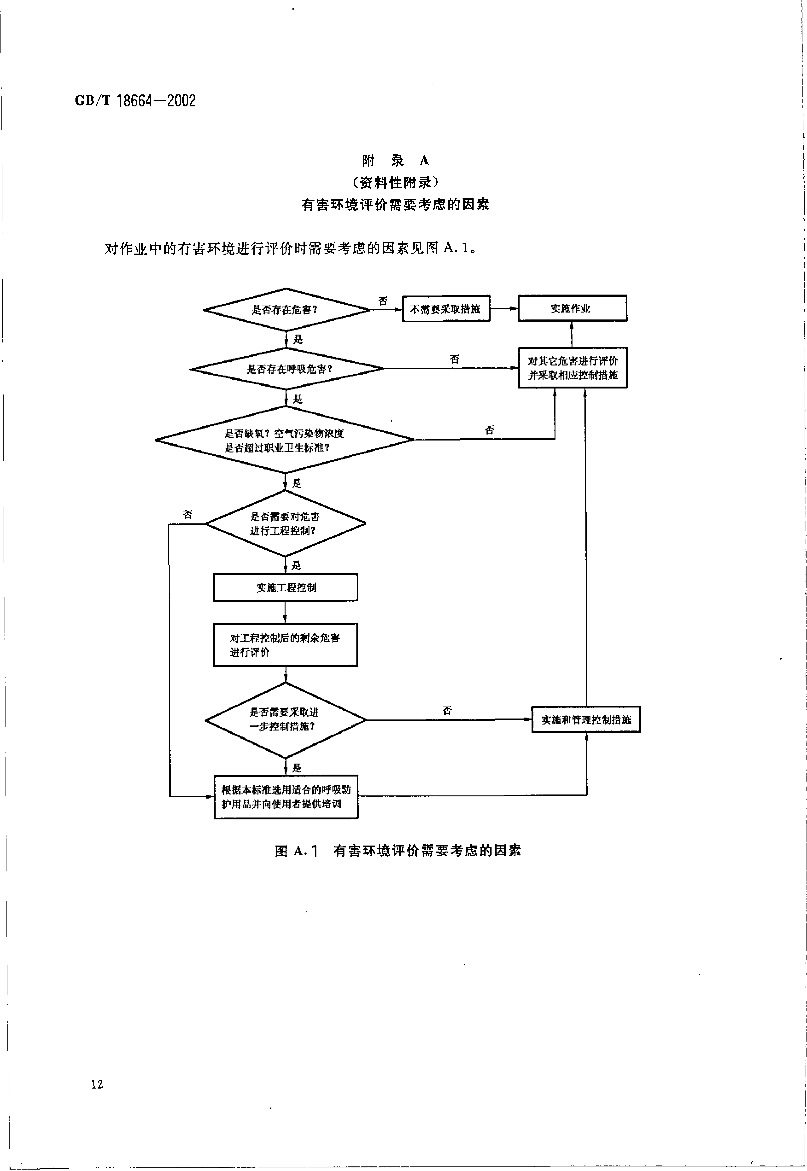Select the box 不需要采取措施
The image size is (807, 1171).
[446, 308]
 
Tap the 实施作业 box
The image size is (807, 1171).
[572, 308]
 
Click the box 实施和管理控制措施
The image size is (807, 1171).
[585, 719]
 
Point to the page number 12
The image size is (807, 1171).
[97, 1084]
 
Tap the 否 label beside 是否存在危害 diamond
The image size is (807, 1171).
[383, 301]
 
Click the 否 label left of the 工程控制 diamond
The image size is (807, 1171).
[188, 514]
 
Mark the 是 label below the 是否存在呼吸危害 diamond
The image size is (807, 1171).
[298, 399]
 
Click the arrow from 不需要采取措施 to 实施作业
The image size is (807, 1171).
[504, 308]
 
